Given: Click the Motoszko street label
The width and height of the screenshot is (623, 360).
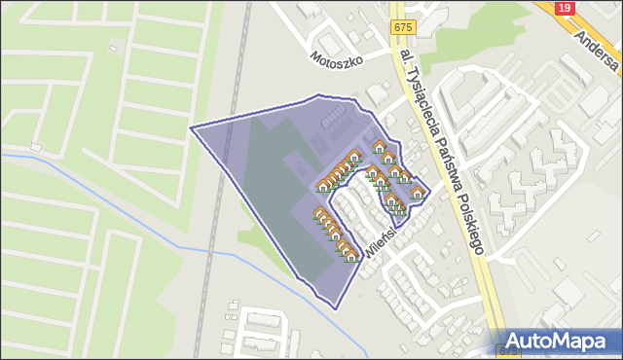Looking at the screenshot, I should click(337, 58).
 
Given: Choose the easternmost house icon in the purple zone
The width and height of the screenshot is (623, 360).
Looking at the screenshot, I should click(418, 193).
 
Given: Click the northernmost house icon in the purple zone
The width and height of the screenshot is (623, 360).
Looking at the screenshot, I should click(379, 146).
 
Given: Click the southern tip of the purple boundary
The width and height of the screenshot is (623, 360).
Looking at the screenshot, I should click(335, 307).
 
